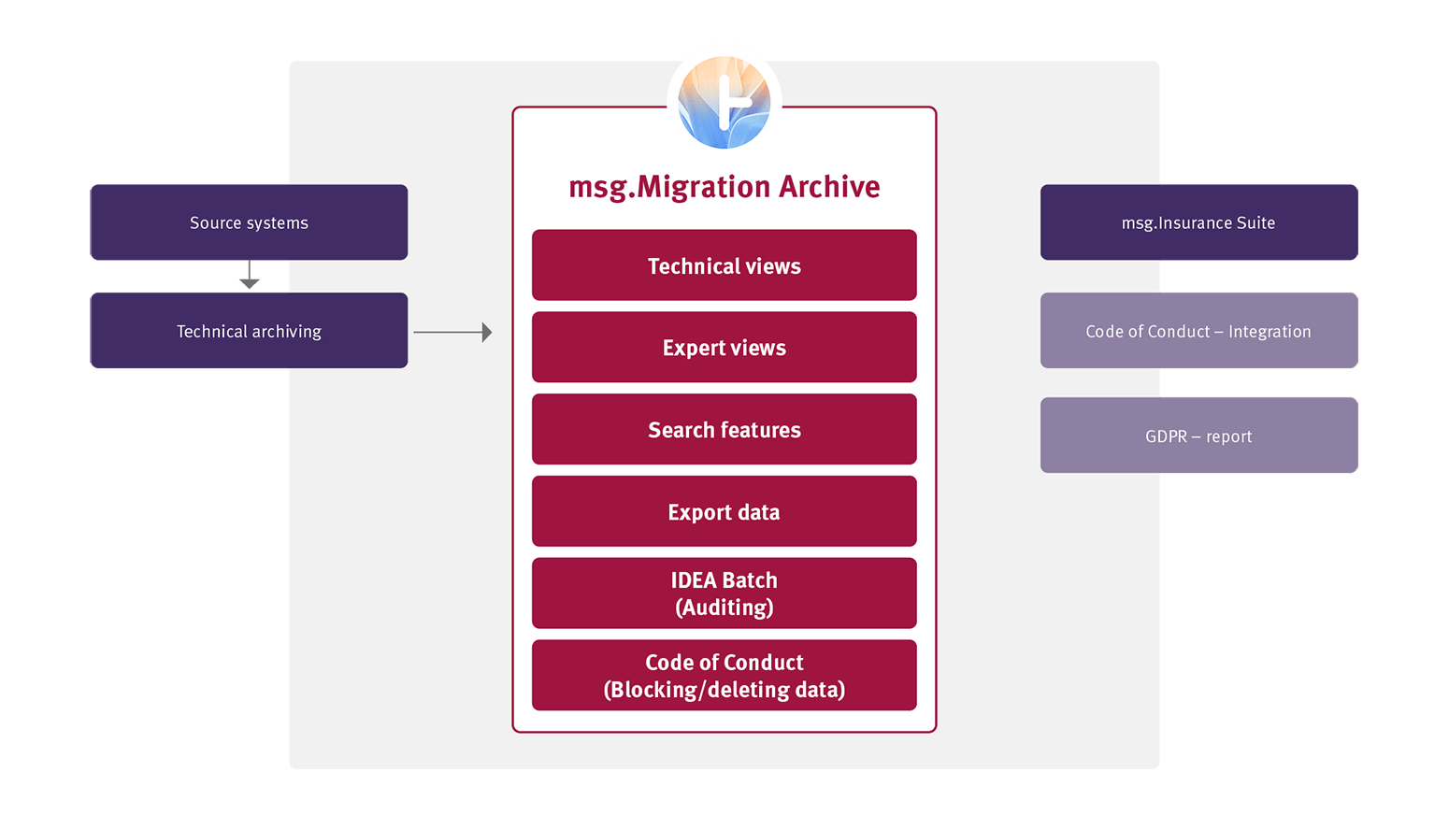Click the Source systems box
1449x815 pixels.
click(x=249, y=222)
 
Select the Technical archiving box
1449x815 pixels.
click(x=249, y=331)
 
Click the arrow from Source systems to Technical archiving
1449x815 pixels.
click(x=249, y=276)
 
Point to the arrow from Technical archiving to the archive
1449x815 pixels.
click(x=452, y=332)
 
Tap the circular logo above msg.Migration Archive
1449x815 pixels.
click(x=724, y=101)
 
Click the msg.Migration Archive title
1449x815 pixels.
click(x=724, y=187)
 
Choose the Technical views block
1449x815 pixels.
click(x=724, y=265)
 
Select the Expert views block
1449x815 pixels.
click(x=724, y=348)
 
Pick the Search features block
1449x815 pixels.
click(x=724, y=430)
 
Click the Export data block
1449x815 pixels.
click(x=724, y=512)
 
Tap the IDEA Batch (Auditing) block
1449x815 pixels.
click(x=724, y=593)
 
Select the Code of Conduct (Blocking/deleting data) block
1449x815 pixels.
click(x=724, y=676)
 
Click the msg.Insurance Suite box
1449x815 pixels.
click(x=1198, y=222)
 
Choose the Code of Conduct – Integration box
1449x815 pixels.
click(x=1198, y=331)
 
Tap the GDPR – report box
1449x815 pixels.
click(x=1198, y=436)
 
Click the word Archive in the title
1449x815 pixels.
click(x=829, y=187)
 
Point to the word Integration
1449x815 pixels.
click(x=1270, y=332)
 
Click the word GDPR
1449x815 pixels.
click(x=1166, y=436)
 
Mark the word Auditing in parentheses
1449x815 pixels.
click(x=724, y=608)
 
